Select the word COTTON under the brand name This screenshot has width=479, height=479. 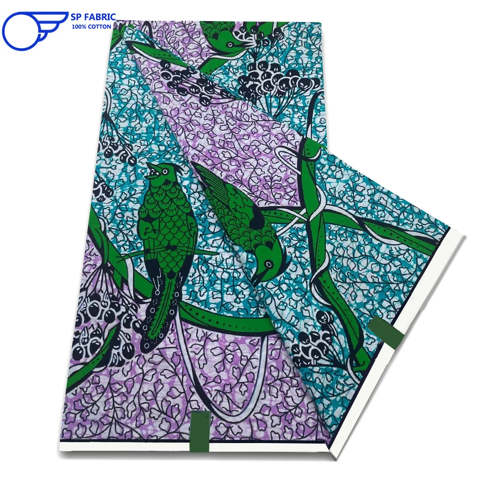(x=101, y=27)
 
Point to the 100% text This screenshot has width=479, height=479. (x=79, y=27)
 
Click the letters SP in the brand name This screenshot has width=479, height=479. (x=77, y=17)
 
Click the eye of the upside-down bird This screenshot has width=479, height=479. (x=266, y=263)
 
